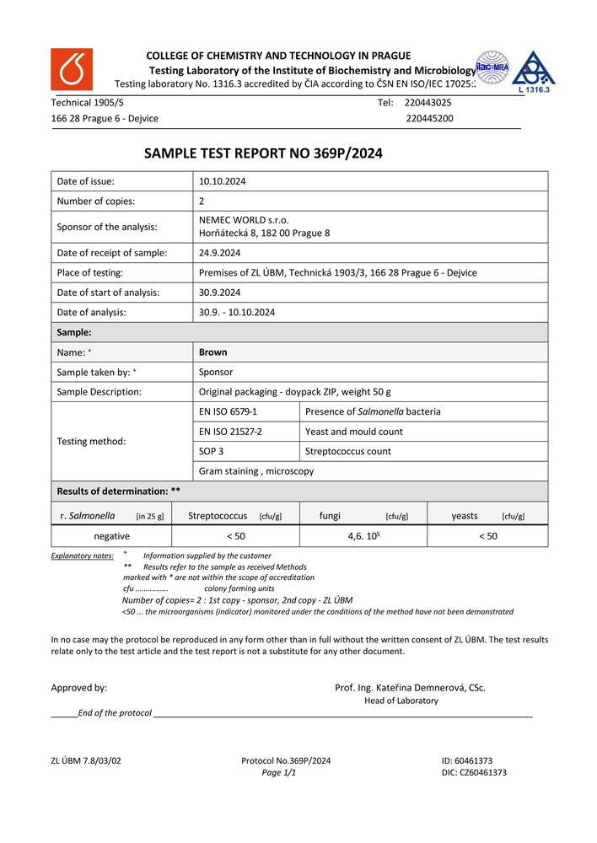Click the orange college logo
[72, 69]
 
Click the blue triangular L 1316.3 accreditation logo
[534, 72]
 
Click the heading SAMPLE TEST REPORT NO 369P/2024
[263, 153]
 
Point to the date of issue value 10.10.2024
[223, 181]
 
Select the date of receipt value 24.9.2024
[220, 253]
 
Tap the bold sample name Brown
[212, 352]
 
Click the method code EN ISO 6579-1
[228, 411]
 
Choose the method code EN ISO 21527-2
[230, 432]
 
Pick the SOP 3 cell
[212, 451]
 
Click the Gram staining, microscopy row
[256, 471]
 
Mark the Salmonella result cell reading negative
[111, 536]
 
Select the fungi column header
[331, 516]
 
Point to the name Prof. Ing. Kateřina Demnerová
[410, 688]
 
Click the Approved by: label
[79, 688]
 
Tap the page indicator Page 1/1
[278, 772]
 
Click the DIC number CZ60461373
[474, 772]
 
